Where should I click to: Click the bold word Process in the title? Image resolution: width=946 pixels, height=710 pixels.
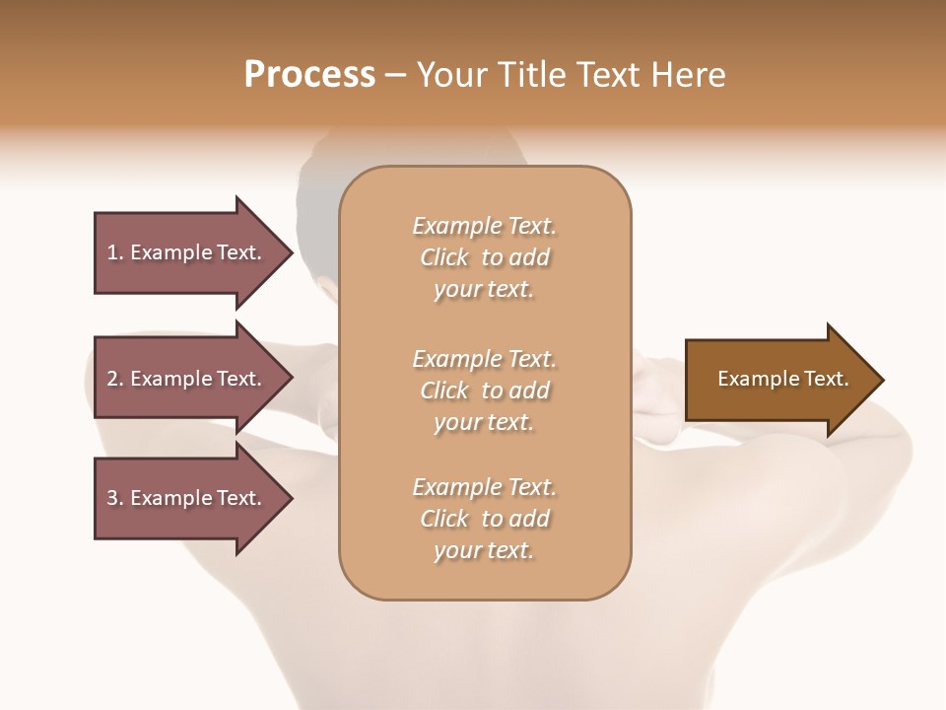coord(309,75)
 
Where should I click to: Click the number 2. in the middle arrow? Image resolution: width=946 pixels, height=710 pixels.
coord(114,379)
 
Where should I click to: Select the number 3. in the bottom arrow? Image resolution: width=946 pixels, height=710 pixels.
coord(114,498)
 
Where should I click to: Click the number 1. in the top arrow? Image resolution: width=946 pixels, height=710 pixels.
coord(114,252)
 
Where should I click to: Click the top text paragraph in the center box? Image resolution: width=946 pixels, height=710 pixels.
coord(484,257)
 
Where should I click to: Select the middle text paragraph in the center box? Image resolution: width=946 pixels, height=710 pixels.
coord(484,390)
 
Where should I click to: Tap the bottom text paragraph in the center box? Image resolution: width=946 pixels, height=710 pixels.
coord(484,519)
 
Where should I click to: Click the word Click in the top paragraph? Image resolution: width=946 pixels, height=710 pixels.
coord(443,257)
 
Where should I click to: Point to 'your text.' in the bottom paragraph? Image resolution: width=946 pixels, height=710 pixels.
coord(484,551)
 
